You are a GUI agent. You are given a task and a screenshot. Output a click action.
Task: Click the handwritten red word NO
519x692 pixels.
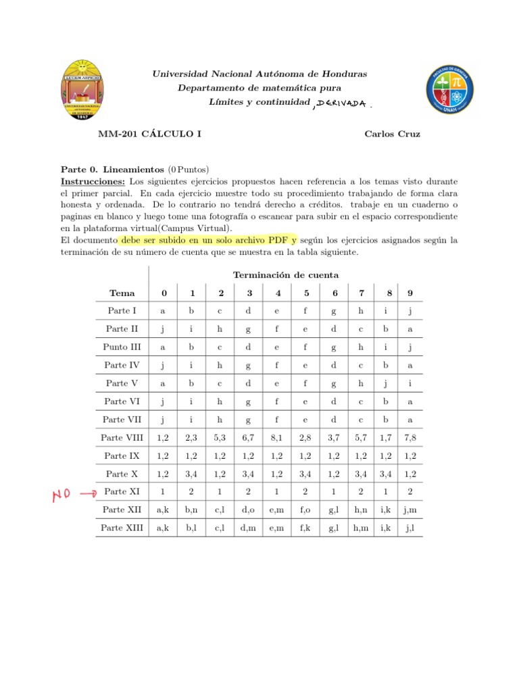[x=63, y=497]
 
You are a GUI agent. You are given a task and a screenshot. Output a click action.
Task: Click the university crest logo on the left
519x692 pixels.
[x=82, y=89]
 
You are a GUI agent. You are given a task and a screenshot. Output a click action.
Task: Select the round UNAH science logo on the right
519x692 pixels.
[x=449, y=89]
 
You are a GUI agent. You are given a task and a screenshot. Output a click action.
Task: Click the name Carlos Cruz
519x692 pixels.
[x=392, y=134]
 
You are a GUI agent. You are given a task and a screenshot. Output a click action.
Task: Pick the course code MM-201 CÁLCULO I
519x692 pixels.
[x=149, y=134]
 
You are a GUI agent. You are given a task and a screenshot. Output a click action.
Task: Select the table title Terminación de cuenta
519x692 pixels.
[x=286, y=274]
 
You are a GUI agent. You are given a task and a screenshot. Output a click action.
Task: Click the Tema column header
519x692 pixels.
[x=122, y=293]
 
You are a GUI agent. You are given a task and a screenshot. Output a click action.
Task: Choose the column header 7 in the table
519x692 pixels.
[x=362, y=293]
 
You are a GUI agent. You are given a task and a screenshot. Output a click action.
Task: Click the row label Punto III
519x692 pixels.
[x=122, y=347]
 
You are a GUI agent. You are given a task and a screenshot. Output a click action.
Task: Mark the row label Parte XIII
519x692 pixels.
[x=122, y=528]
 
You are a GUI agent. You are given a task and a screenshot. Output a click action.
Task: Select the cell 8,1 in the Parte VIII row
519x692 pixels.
[x=278, y=438]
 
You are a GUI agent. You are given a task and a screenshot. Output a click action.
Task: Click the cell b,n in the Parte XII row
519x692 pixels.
[x=193, y=510]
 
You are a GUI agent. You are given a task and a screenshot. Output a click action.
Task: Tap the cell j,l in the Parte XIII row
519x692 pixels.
[x=409, y=528]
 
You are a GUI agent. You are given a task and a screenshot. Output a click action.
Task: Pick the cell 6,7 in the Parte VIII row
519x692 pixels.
[x=249, y=438]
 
